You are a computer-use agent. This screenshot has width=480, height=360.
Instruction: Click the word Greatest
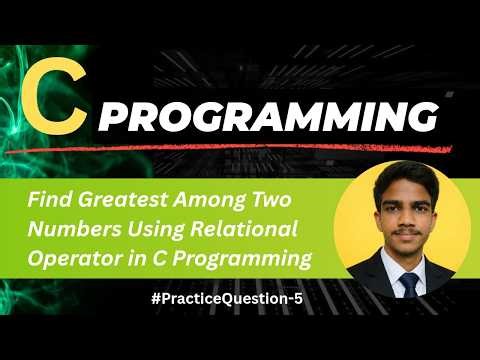(118, 201)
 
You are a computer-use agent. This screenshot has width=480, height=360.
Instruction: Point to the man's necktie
(410, 285)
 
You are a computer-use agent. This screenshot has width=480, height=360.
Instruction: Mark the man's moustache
(409, 243)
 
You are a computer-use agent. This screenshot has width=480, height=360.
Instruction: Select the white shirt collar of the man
(398, 271)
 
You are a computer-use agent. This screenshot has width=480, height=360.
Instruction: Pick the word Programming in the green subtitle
(249, 258)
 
